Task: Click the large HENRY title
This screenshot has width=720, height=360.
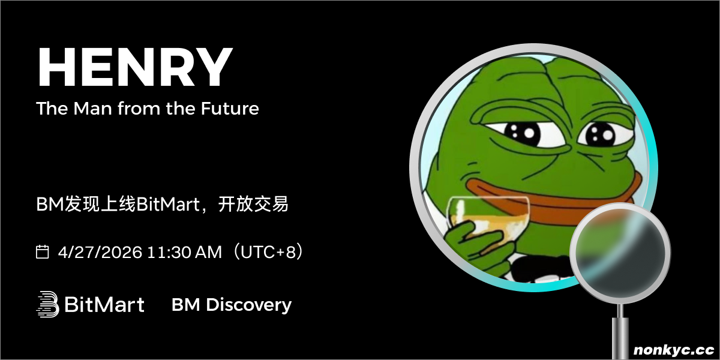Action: (135, 67)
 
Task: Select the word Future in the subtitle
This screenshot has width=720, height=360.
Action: (230, 109)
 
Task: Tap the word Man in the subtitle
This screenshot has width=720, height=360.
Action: (92, 109)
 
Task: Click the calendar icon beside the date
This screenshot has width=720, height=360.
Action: (42, 251)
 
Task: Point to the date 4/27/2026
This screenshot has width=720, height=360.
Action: (100, 252)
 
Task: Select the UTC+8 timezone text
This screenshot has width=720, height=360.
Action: (268, 252)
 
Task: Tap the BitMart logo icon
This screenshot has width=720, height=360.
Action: (47, 304)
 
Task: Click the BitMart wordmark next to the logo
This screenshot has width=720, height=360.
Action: (104, 304)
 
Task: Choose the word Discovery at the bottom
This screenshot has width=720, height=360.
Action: (248, 305)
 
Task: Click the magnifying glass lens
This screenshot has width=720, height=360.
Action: (620, 253)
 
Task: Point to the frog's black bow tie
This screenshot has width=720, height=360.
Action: (543, 268)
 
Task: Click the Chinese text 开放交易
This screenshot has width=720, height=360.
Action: (253, 204)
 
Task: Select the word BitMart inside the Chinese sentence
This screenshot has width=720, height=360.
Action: (168, 205)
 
